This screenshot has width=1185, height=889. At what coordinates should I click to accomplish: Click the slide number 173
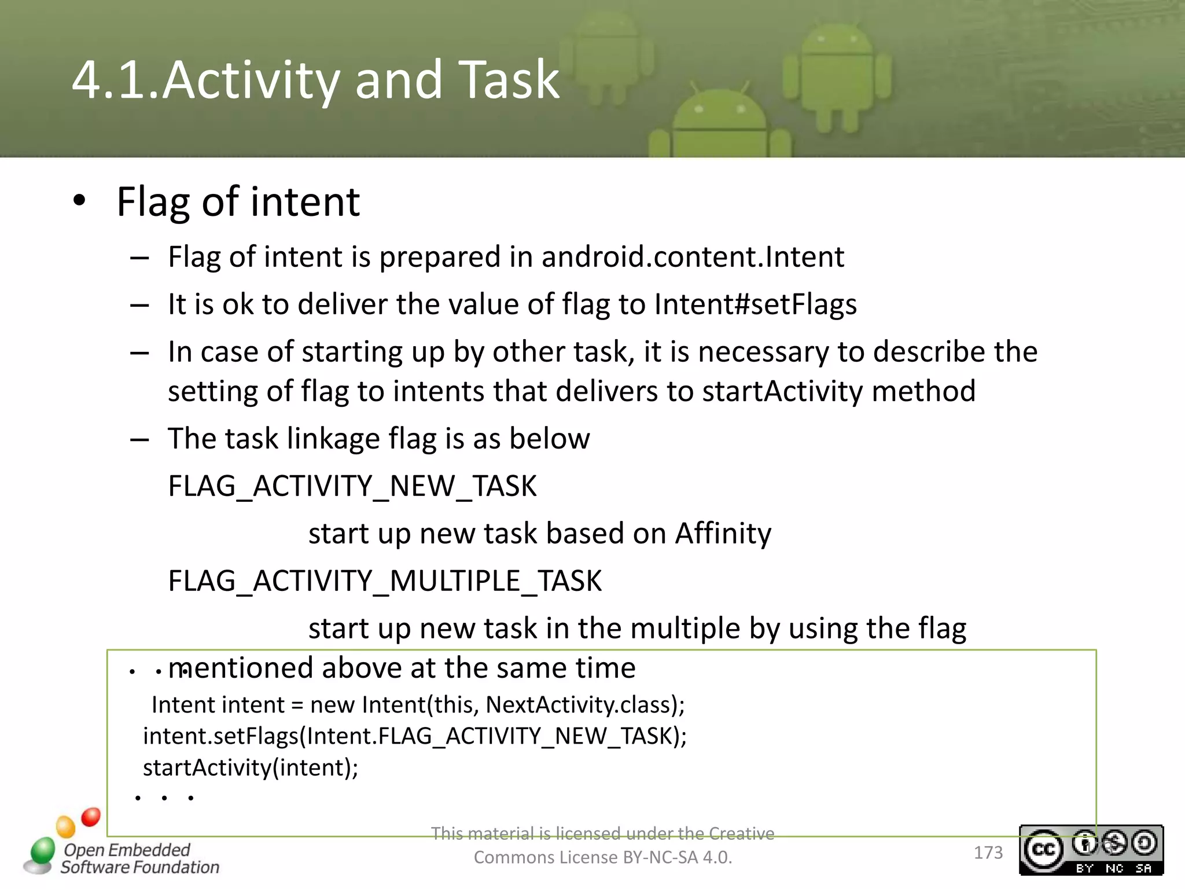click(988, 853)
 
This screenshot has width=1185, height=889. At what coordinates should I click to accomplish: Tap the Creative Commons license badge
click(1091, 850)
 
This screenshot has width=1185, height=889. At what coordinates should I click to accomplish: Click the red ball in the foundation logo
click(91, 817)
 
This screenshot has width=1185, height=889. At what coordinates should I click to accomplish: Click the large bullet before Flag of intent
click(79, 201)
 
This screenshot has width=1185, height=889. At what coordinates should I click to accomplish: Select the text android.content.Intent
click(693, 256)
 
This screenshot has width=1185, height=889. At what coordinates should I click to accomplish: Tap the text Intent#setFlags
click(755, 304)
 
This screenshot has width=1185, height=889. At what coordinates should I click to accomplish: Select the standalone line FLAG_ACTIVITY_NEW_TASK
click(352, 486)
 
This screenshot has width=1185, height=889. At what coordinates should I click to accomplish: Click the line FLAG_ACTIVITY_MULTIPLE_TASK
click(385, 581)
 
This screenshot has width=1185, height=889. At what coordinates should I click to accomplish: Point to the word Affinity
click(723, 533)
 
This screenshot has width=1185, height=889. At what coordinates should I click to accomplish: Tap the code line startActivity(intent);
click(251, 768)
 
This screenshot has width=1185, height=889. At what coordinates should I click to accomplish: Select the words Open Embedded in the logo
click(127, 850)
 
